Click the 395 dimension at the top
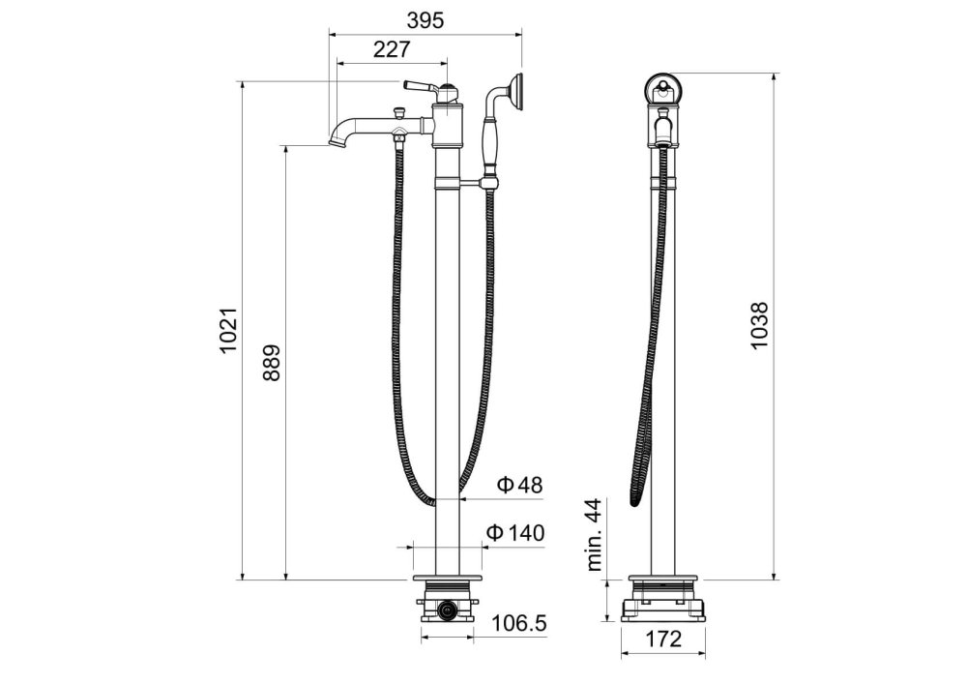click(425, 20)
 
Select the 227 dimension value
click(391, 49)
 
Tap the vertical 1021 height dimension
click(229, 331)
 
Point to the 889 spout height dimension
click(272, 363)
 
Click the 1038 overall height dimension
click(759, 326)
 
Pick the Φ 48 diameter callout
click(520, 485)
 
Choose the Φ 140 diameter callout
click(515, 532)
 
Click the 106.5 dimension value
click(519, 624)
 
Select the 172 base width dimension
click(663, 639)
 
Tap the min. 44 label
click(594, 535)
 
